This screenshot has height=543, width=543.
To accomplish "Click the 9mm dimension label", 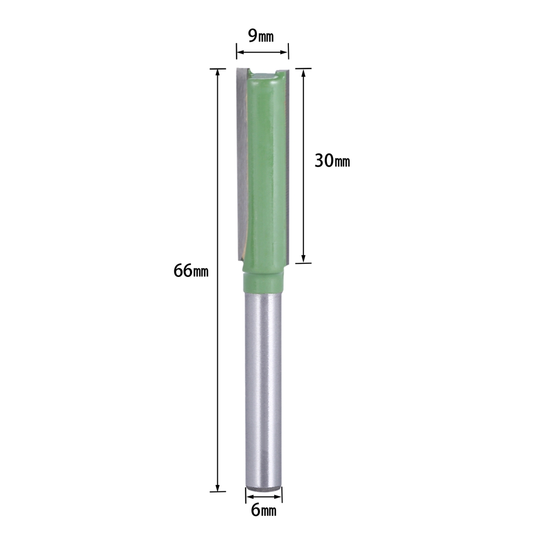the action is [261, 35].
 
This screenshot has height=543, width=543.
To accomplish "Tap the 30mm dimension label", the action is [332, 161].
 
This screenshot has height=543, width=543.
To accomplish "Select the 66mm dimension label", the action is [191, 270].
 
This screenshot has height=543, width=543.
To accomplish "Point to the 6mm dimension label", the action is [263, 510].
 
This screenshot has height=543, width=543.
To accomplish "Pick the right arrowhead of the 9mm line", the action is [285, 52].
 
